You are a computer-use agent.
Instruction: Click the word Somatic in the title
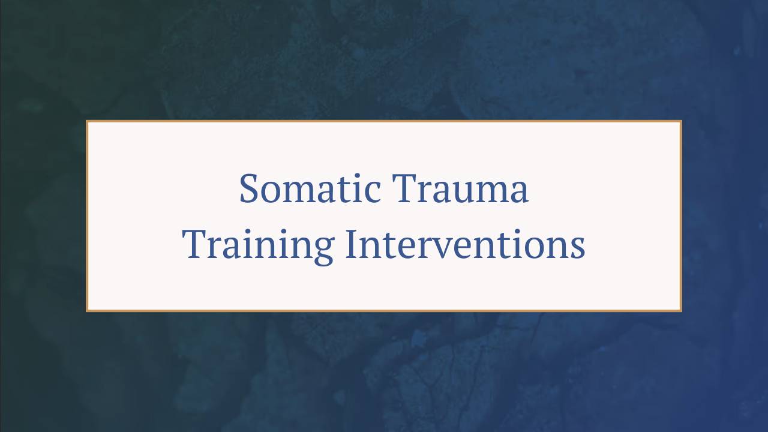310,189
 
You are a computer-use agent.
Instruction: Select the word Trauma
460,189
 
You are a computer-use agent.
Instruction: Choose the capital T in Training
194,245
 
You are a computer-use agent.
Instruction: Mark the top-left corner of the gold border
88,122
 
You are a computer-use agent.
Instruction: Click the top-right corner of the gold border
680,122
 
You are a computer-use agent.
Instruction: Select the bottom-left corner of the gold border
88,310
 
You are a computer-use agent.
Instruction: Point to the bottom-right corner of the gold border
680,310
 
